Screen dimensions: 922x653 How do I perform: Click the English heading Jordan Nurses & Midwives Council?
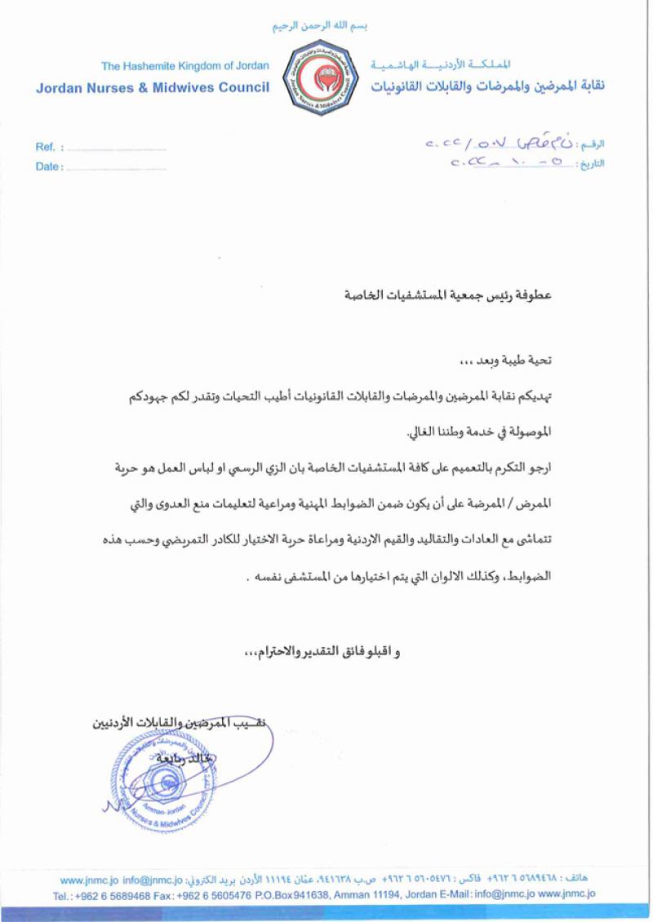tap(152, 86)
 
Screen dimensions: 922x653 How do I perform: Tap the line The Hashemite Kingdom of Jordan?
tap(179, 66)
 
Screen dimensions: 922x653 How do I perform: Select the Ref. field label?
tap(46, 148)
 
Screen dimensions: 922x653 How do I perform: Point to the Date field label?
tap(48, 167)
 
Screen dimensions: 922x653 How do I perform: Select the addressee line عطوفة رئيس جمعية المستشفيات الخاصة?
tap(448, 294)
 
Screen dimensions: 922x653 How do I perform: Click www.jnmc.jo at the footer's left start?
tap(89, 880)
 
